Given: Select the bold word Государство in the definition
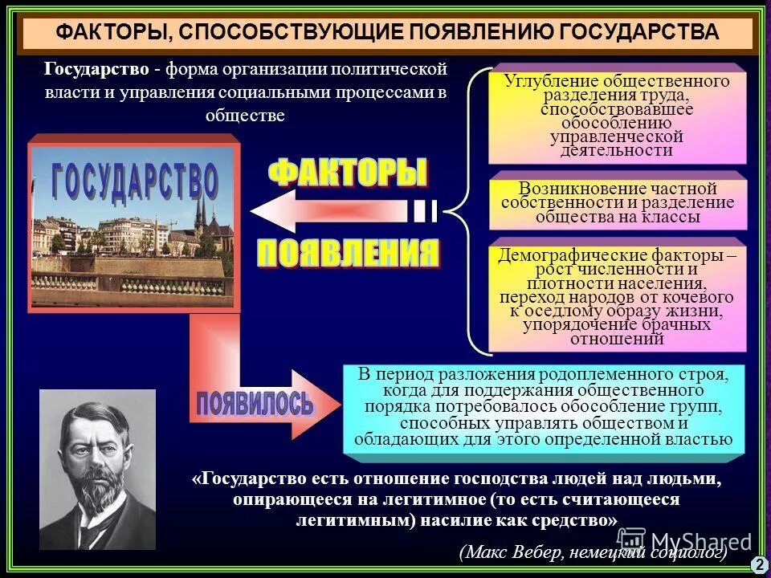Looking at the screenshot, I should point(96,70).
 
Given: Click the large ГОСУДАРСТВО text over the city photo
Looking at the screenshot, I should point(135,181).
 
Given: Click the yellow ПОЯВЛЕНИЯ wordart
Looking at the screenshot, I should point(348,254).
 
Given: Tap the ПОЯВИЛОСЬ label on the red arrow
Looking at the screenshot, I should point(255,402).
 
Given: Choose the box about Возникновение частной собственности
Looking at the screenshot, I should point(617,201).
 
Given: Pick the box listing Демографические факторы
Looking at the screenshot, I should point(617,297).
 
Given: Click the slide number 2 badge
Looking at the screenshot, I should point(759,564).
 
